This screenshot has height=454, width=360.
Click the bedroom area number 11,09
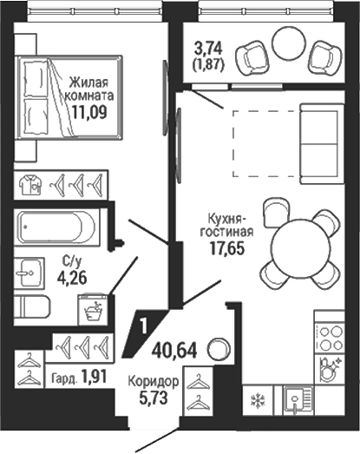click(x=89, y=112)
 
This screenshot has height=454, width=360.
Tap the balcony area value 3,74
click(x=208, y=49)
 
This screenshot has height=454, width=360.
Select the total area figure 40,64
click(x=174, y=350)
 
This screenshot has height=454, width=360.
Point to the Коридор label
click(x=154, y=382)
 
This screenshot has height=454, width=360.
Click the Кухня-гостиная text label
click(x=227, y=225)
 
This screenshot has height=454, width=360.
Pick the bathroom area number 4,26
click(x=72, y=279)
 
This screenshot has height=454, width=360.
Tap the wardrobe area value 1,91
click(x=94, y=377)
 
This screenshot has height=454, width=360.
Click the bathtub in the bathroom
click(x=56, y=226)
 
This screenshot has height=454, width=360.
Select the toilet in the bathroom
click(x=32, y=306)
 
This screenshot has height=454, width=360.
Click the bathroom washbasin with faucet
click(x=29, y=273)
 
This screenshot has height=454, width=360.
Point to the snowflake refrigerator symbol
click(x=256, y=401)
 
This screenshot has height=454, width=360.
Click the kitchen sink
click(x=298, y=400)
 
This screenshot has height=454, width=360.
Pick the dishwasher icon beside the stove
click(x=330, y=369)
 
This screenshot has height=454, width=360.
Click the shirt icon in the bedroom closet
click(x=30, y=184)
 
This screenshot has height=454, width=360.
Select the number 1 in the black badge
click(x=143, y=326)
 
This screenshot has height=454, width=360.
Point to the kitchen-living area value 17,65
click(x=227, y=249)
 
